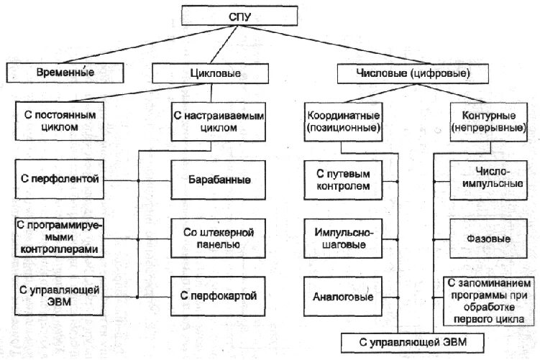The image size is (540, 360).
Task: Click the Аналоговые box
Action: pyautogui.click(x=342, y=295)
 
